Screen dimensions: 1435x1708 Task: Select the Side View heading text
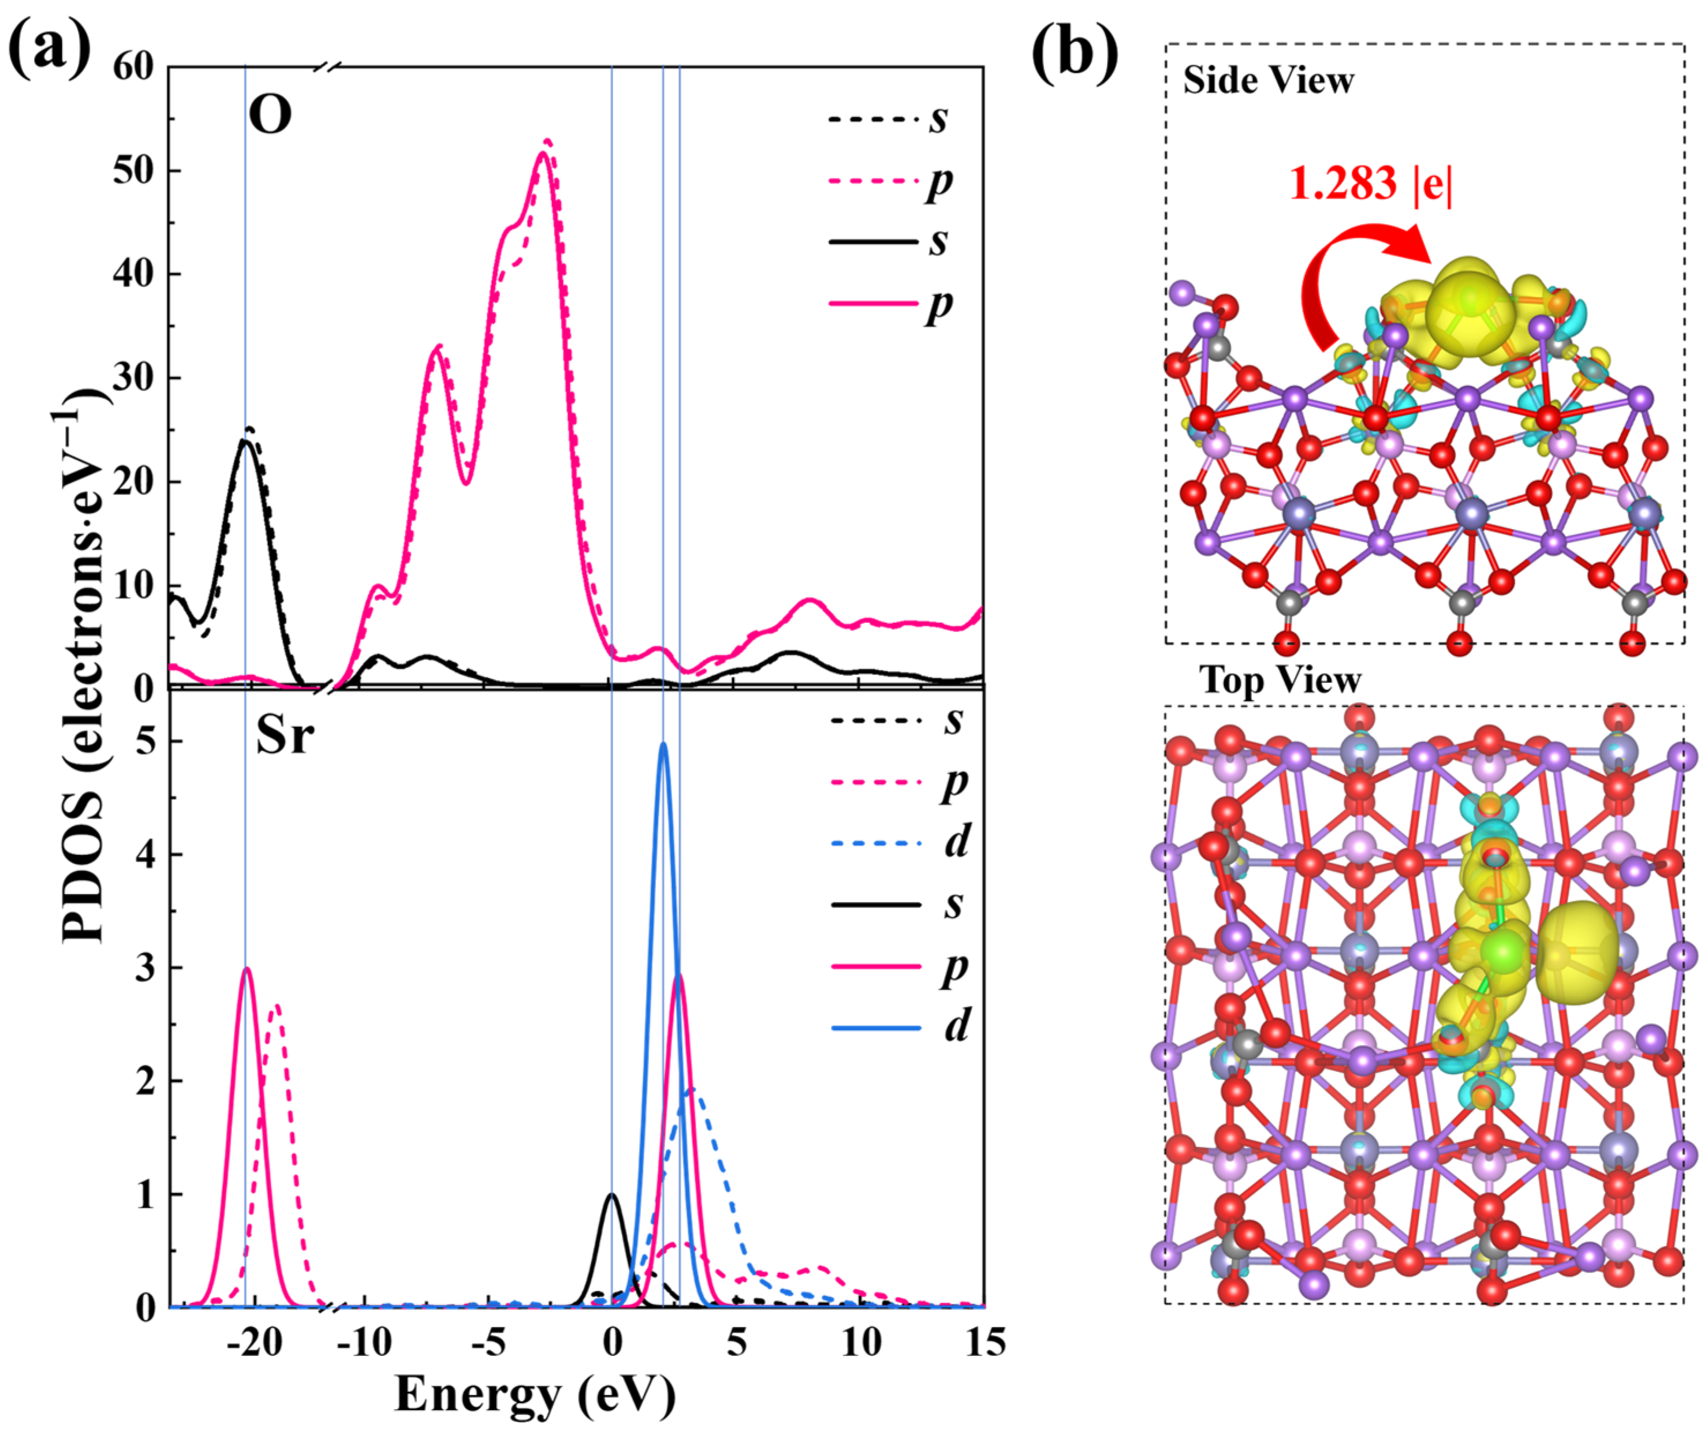point(1268,80)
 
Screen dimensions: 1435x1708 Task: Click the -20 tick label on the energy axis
point(254,1343)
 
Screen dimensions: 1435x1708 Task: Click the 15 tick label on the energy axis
point(984,1343)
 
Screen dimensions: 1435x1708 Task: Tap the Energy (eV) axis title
point(535,1393)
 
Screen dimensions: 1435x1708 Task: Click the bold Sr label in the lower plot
point(284,735)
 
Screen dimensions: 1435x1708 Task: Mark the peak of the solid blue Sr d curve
point(663,743)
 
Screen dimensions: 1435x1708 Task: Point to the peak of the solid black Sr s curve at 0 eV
point(612,1194)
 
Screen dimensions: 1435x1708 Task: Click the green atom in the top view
point(1501,950)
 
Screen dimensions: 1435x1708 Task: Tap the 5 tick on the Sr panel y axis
point(145,741)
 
